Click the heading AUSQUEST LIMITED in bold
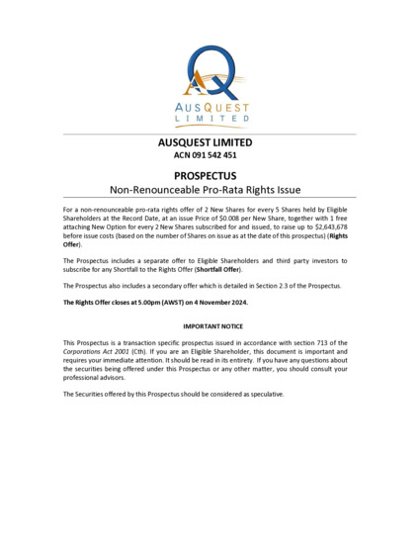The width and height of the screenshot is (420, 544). coord(210,142)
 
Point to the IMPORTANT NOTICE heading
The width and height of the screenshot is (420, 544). coord(210,325)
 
